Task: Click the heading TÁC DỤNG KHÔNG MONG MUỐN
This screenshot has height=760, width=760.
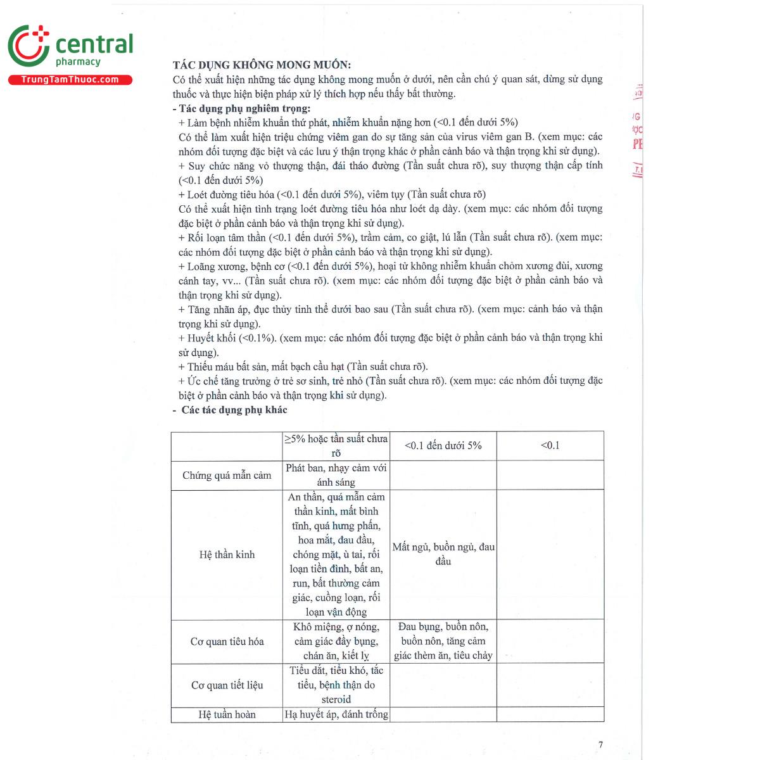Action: click(x=262, y=65)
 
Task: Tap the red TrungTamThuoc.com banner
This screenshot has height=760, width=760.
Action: click(x=70, y=80)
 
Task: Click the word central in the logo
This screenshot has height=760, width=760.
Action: click(x=94, y=44)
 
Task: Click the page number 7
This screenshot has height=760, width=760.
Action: click(x=600, y=744)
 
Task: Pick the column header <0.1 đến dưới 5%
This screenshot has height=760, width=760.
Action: click(x=443, y=446)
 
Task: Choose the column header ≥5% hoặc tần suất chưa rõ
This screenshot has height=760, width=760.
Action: click(x=336, y=446)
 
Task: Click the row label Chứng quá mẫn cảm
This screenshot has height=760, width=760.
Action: click(x=227, y=475)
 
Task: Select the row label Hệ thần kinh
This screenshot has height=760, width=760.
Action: click(x=227, y=555)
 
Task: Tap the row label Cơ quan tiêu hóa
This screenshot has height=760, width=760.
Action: click(x=227, y=642)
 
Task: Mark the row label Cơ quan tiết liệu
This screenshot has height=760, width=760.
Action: click(x=227, y=685)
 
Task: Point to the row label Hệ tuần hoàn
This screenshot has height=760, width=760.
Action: click(x=227, y=714)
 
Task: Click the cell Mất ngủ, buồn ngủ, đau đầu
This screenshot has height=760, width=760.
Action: click(x=443, y=554)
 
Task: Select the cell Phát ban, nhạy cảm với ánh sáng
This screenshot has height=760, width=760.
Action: click(x=336, y=475)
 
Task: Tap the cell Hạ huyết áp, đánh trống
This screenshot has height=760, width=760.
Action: click(x=336, y=714)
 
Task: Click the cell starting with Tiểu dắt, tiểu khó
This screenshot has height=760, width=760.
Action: click(x=336, y=685)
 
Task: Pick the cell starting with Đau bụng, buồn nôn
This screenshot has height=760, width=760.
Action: click(x=443, y=641)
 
